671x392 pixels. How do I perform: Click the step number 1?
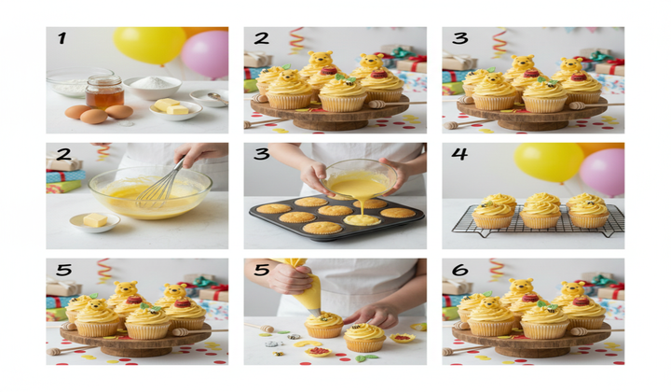tap(62, 39)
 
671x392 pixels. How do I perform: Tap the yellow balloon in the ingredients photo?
tap(149, 45)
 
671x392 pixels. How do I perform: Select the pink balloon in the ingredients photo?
tap(206, 53)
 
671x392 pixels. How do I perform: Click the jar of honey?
tap(104, 91)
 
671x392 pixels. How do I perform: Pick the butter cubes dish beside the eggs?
tap(175, 109)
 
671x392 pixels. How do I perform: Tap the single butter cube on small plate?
tap(95, 220)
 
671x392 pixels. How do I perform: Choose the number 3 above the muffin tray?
tap(260, 156)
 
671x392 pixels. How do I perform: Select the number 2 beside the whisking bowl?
tap(62, 156)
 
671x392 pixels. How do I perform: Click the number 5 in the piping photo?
tap(260, 271)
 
